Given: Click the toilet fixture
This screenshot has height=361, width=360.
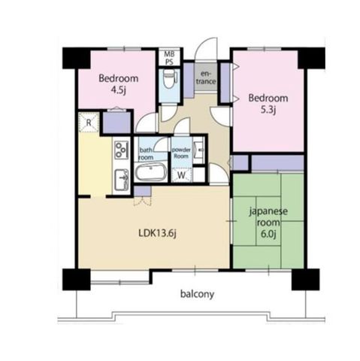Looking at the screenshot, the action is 169,77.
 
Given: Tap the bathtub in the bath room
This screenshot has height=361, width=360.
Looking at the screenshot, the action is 151,172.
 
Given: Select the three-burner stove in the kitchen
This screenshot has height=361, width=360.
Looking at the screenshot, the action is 122,150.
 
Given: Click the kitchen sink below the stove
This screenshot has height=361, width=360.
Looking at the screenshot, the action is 122,180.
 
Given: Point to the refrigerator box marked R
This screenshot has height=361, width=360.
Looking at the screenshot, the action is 89,123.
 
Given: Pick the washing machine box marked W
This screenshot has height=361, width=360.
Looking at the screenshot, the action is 181,175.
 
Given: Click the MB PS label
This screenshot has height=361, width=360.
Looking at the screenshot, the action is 169,58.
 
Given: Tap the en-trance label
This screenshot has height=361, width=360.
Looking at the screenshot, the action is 206,77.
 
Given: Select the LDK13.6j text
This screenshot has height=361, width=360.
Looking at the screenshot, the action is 157,234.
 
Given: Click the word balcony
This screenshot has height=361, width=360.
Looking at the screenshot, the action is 197,294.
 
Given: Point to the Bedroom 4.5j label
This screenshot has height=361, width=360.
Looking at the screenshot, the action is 118,83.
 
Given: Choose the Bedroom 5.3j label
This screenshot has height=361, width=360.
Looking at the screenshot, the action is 268,103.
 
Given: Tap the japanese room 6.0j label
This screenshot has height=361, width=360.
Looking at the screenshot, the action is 268,223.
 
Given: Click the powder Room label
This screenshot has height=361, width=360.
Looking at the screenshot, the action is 181,153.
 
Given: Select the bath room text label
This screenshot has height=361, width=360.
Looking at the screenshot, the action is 146,154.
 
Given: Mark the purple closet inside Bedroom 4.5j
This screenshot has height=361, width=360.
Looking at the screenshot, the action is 117,123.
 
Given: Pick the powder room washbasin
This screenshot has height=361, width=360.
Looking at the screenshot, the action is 200,150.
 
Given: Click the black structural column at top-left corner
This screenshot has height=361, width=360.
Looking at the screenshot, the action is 76,58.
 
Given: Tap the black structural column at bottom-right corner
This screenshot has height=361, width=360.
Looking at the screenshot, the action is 305,279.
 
